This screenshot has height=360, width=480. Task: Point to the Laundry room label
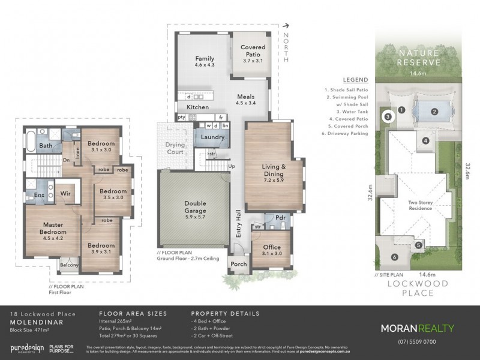213,137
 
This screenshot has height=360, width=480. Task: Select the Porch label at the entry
238,264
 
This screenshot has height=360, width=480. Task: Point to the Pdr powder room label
280,217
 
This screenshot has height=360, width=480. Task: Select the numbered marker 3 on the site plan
388,116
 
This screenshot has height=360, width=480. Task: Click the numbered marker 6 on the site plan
394,257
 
